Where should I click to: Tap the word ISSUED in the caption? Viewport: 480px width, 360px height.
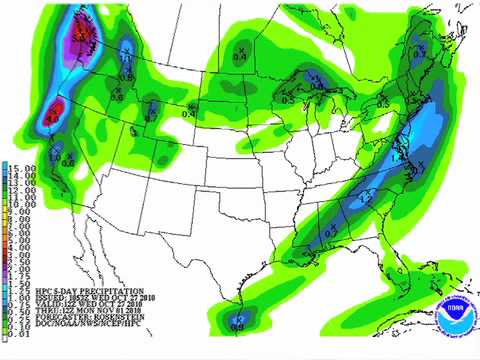(31, 293)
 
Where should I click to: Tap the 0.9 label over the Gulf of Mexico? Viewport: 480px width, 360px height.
(237, 322)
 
